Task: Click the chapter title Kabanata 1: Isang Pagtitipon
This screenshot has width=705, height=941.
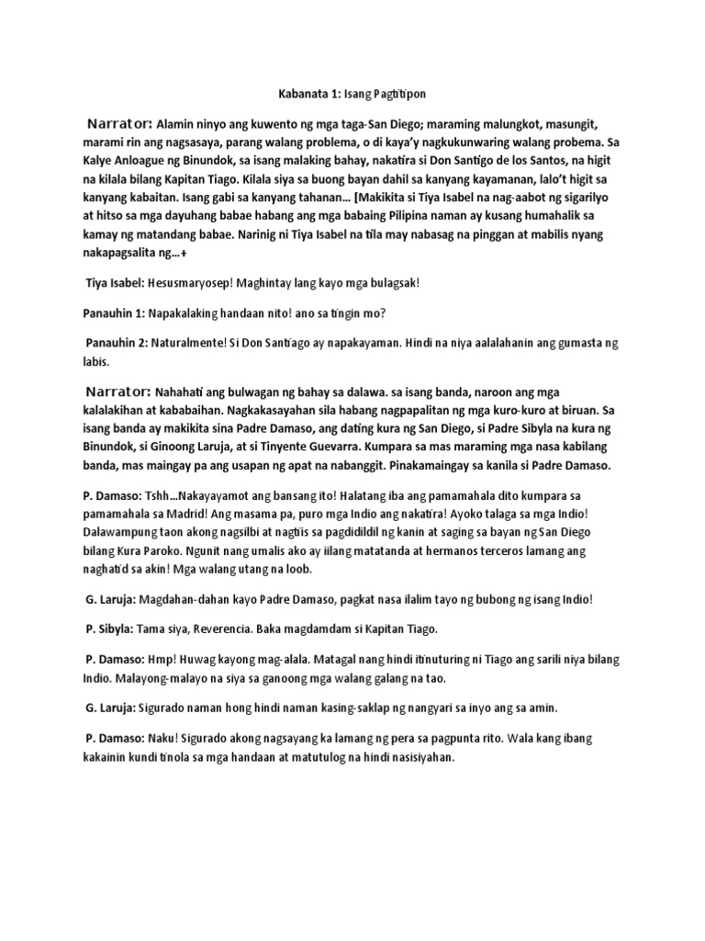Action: (x=352, y=94)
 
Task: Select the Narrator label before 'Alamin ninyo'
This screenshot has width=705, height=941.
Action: (x=119, y=123)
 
